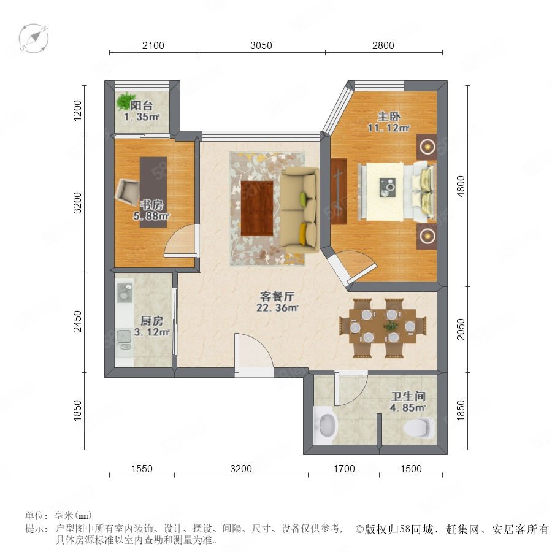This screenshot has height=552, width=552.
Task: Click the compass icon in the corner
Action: pos(34,38)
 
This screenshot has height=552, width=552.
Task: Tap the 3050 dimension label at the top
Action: pos(261,45)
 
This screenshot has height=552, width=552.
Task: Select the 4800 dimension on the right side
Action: pos(461,186)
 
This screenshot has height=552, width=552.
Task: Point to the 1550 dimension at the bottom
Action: pos(142,469)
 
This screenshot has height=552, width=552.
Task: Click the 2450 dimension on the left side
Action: pos(77,321)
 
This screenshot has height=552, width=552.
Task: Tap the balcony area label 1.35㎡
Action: pos(142,117)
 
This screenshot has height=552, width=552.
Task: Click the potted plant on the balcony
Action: pos(125,101)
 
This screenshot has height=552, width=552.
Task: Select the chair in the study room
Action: pos(128,192)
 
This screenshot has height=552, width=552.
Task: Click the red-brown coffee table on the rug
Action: pos(257,208)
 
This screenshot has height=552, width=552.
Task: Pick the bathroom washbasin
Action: pos(326,425)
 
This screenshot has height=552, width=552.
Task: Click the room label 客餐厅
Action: pos(277,296)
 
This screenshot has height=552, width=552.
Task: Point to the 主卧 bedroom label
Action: pos(389,117)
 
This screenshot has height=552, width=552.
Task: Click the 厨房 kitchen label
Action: pos(151,321)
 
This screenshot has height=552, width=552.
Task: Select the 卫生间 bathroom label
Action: pos(408,396)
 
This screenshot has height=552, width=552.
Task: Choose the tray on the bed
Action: pos(388,188)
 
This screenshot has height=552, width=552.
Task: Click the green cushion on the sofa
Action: pos(304,196)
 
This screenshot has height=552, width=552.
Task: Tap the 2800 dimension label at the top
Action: pos(383,45)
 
